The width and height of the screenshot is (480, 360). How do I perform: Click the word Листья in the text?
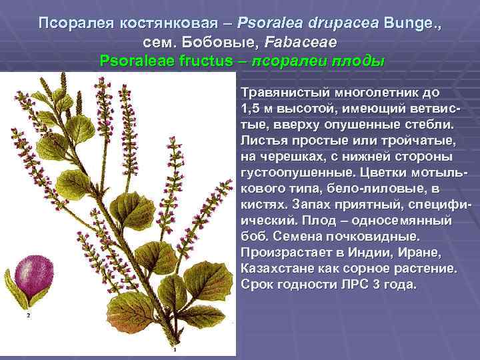pyautogui.click(x=263, y=141)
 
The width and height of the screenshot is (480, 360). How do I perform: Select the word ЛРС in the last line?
pyautogui.click(x=344, y=284)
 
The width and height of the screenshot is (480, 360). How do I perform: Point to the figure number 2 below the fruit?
pyautogui.click(x=28, y=317)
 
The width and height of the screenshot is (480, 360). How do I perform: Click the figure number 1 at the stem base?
pyautogui.click(x=174, y=349)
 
